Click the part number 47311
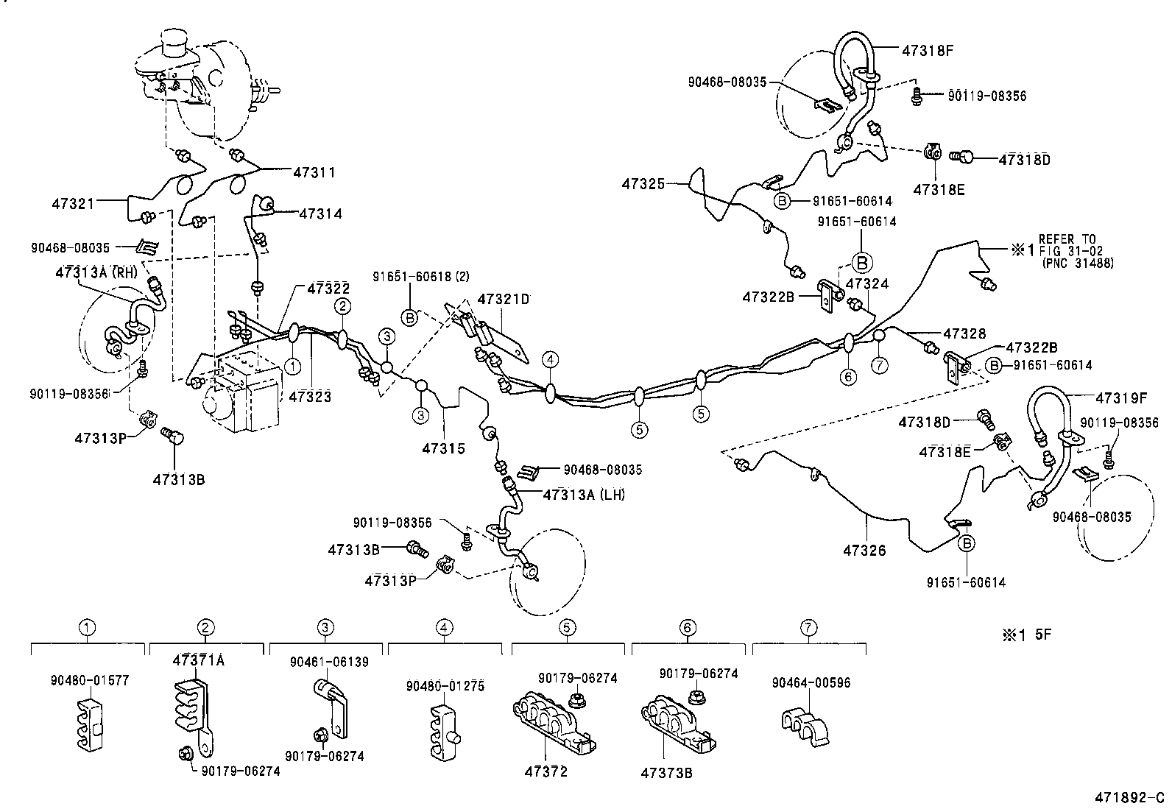pyautogui.click(x=314, y=173)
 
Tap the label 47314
pyautogui.click(x=320, y=213)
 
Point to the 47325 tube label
pyautogui.click(x=643, y=183)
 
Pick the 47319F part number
pyautogui.click(x=1121, y=398)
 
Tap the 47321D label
pyautogui.click(x=504, y=299)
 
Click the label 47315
pyautogui.click(x=443, y=448)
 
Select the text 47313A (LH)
pyautogui.click(x=584, y=495)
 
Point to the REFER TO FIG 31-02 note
pyautogui.click(x=1076, y=251)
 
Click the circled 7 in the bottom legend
pyautogui.click(x=808, y=627)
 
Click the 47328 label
pyautogui.click(x=964, y=333)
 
